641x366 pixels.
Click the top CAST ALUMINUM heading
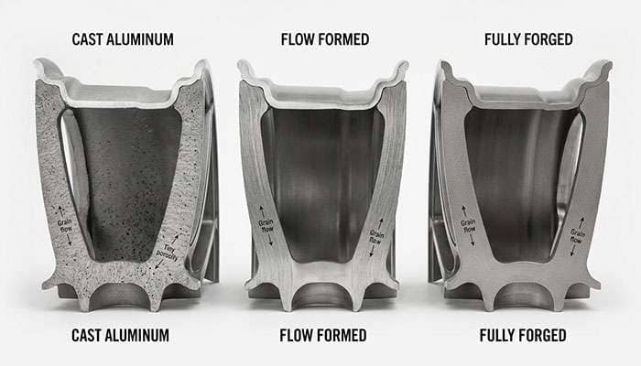click(124, 38)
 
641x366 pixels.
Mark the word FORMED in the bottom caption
click(342, 336)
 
